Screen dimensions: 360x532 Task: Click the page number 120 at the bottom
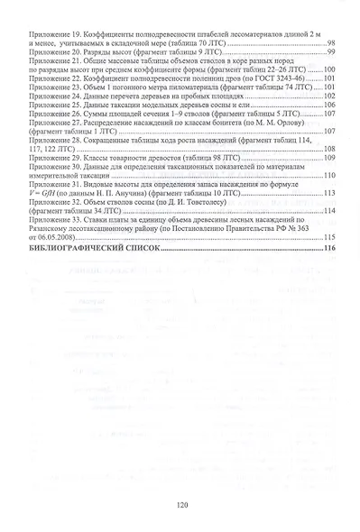[180, 505]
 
